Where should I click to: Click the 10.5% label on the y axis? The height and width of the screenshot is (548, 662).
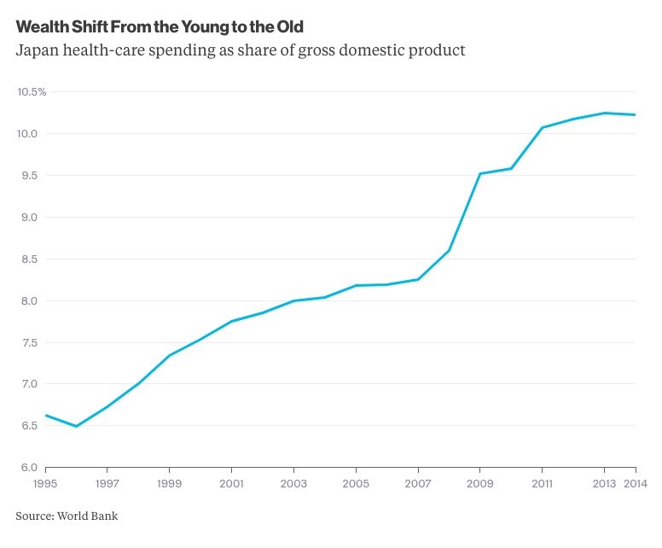point(32,91)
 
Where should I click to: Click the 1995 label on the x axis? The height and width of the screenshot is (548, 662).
point(44,483)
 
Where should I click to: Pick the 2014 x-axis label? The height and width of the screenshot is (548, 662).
point(636,483)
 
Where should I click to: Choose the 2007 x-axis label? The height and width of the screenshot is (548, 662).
point(418,483)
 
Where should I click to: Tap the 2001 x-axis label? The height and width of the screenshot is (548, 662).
point(231,483)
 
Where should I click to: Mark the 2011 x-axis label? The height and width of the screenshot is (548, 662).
point(543,483)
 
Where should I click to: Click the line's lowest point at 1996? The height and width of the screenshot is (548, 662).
point(77,426)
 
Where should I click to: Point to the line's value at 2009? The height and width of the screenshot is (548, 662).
point(480,173)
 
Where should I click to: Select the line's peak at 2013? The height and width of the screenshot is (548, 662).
point(605,113)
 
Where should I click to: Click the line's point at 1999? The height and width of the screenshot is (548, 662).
point(170,355)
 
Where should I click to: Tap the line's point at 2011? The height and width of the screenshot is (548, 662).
point(543,127)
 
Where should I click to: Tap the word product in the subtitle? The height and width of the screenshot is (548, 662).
point(436,50)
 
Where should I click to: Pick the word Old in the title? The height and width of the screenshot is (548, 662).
point(290,26)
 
